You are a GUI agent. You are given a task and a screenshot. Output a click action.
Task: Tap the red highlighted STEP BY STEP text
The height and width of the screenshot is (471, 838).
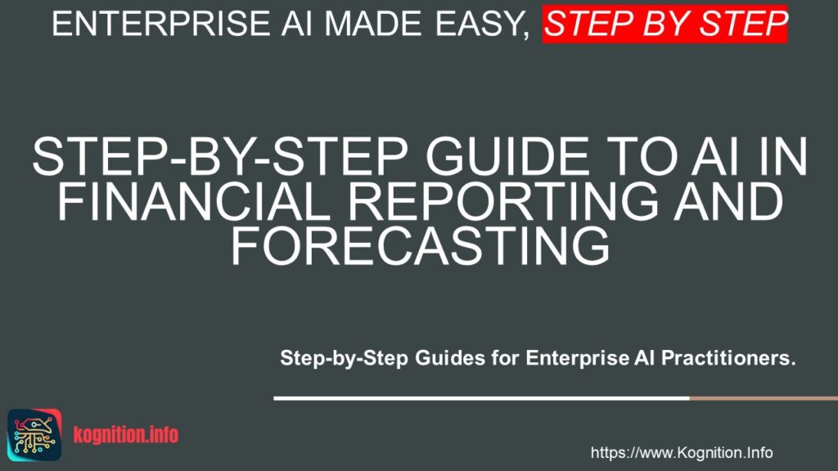[665, 25]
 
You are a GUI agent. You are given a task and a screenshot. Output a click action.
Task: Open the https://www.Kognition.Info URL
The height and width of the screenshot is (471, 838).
[682, 453]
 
